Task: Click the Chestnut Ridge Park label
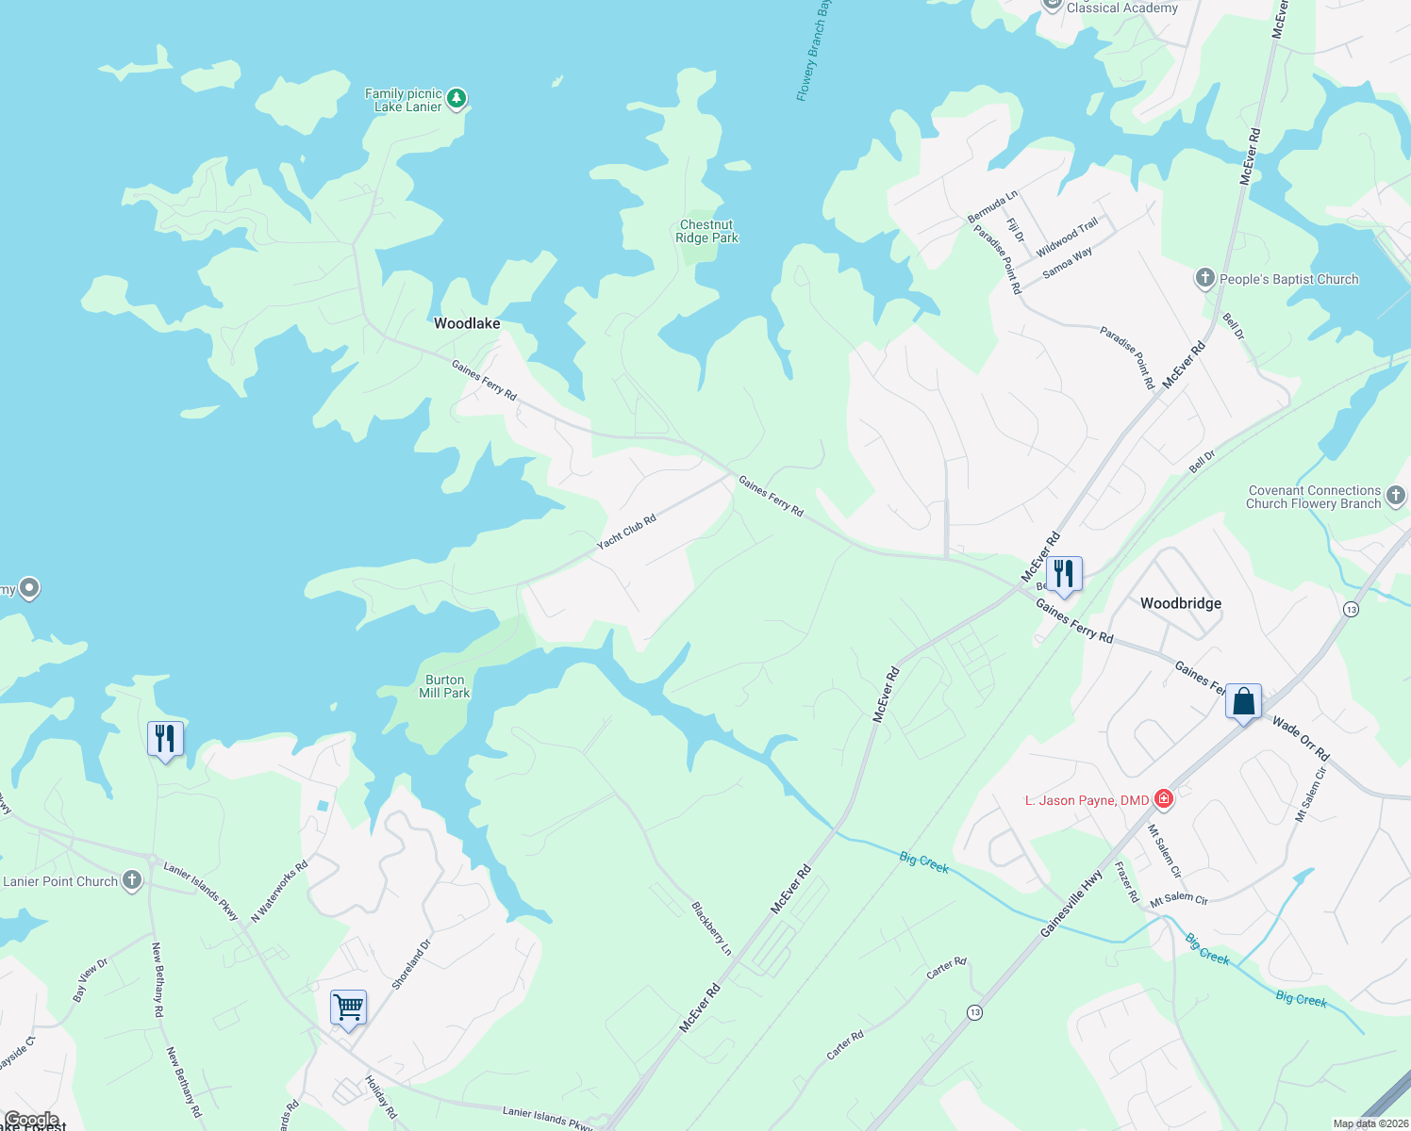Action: coord(706,232)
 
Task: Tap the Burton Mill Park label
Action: coord(444,686)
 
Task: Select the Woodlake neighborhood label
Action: coord(467,323)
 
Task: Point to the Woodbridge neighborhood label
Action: coord(1181,603)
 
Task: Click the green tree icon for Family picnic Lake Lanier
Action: coord(456,98)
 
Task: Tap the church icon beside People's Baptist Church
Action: coord(1204,278)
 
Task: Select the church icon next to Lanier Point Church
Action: coord(132,880)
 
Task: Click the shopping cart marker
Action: coord(348,1008)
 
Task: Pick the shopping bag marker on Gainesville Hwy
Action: coord(1243,701)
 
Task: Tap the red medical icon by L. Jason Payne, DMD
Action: coord(1164,799)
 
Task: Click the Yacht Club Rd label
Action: coord(626,532)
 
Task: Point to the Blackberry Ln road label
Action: coord(711,928)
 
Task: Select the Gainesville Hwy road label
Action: coord(1071,904)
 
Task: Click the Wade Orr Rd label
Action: coord(1301,739)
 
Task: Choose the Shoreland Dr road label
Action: coord(411,963)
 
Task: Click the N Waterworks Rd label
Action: coord(279,892)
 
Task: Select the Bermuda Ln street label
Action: coord(992,206)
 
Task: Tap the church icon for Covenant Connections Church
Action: coord(1396,496)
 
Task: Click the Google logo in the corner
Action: coord(32,1120)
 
